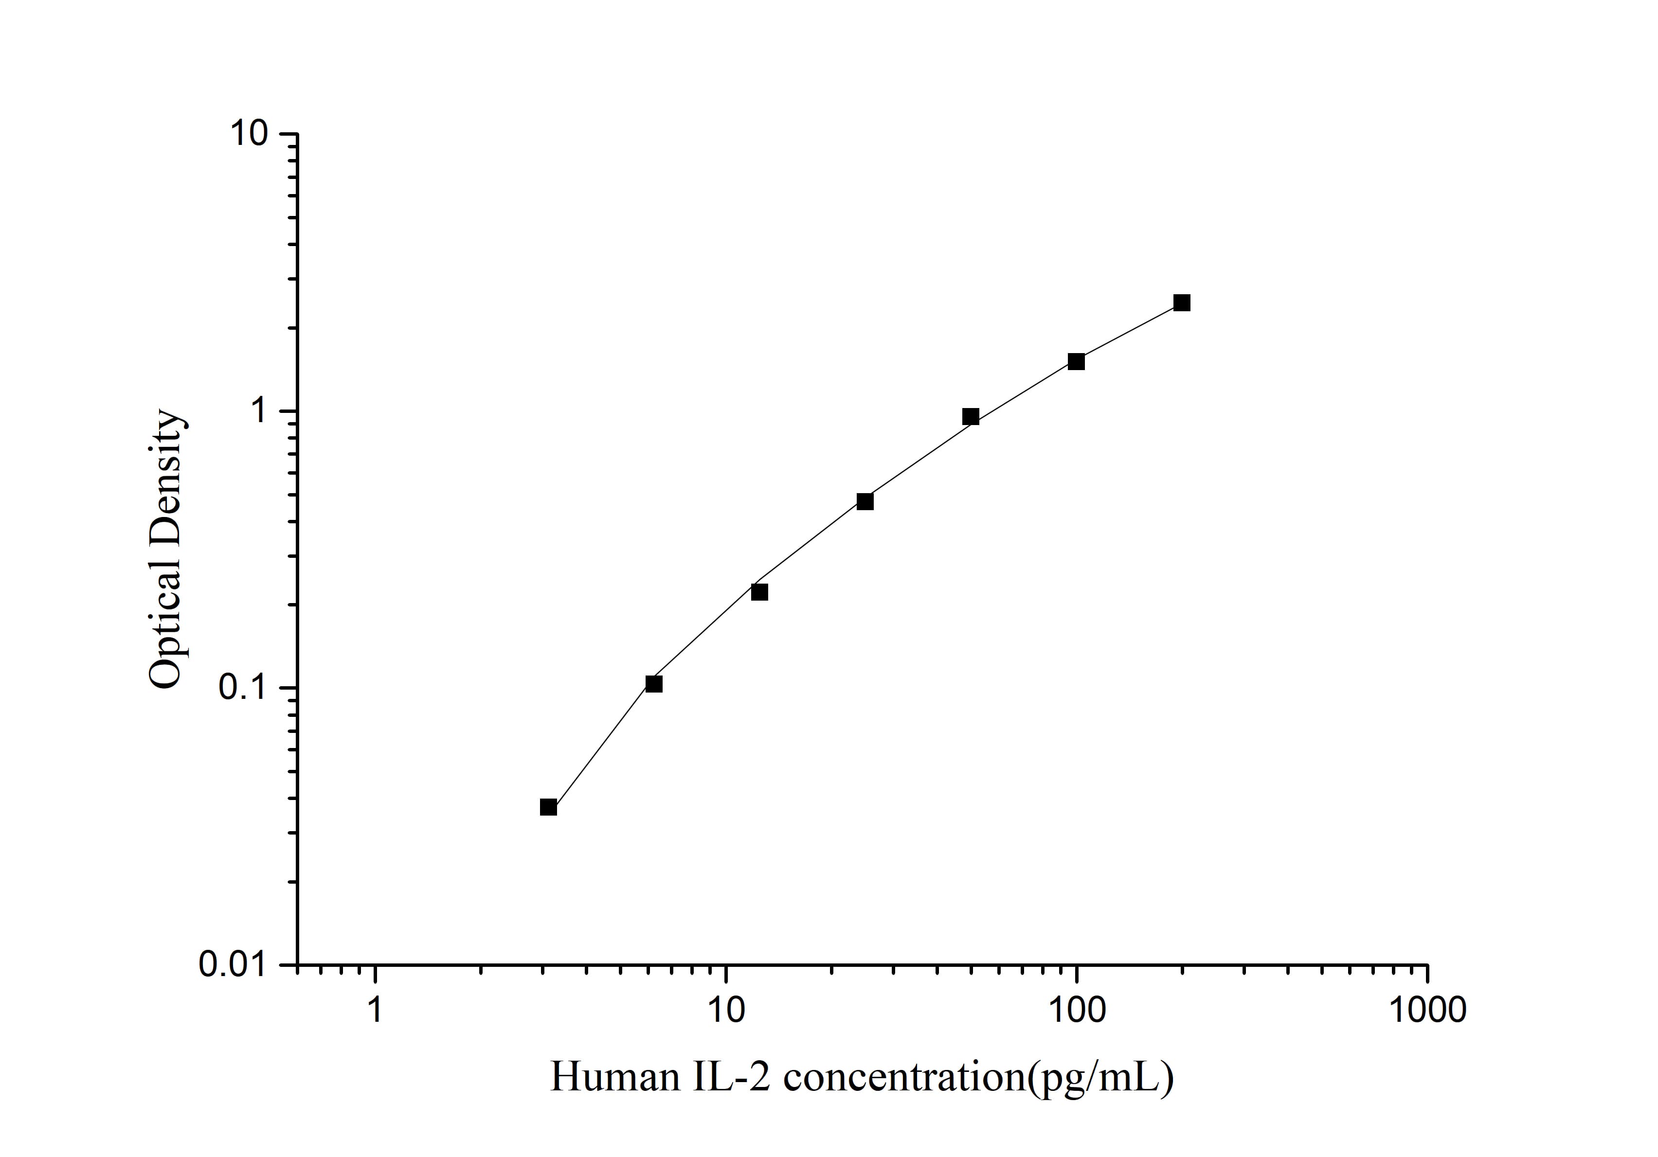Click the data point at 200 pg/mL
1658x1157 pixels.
[1181, 303]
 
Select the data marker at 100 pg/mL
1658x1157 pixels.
[1076, 362]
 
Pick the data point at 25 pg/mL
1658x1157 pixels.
[865, 501]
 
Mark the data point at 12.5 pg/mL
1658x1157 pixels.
[759, 592]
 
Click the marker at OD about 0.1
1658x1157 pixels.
[653, 683]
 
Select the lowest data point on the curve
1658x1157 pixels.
[548, 807]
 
